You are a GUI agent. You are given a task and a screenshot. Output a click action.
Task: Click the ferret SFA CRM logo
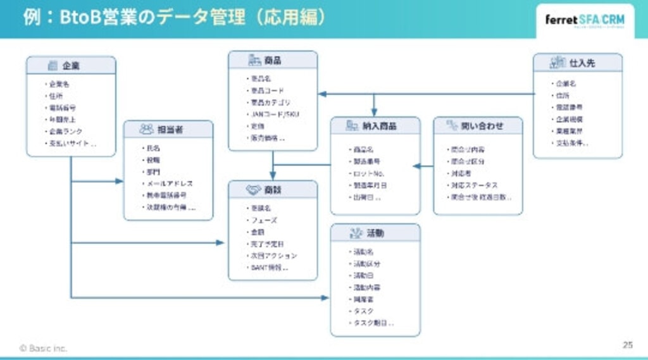[x=584, y=20]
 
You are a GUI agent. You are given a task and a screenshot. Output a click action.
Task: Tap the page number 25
[x=627, y=345]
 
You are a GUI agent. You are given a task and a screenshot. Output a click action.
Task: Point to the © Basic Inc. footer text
[x=43, y=348]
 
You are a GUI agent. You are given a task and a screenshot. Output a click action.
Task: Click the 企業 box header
[x=71, y=66]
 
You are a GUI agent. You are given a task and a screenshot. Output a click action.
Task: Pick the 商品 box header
[x=273, y=61]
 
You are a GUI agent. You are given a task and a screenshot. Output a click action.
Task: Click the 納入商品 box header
[x=375, y=126]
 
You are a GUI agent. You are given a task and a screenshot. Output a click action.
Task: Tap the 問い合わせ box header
[x=478, y=126]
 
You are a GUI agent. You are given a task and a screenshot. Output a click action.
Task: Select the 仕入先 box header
[x=577, y=63]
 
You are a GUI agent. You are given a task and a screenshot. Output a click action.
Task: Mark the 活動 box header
[x=375, y=233]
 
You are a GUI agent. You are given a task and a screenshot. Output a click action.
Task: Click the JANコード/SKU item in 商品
[x=271, y=115]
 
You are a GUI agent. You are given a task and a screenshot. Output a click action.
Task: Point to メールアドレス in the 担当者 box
[x=170, y=183]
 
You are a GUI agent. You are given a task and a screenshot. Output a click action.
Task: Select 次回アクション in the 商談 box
[x=273, y=256]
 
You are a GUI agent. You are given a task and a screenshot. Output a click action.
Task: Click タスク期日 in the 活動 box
[x=373, y=323]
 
